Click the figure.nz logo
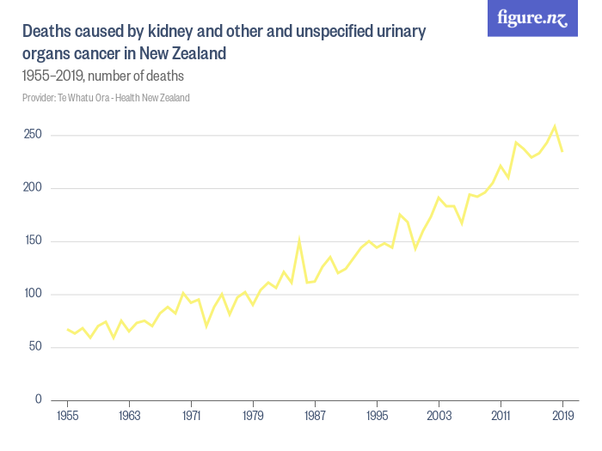[532, 18]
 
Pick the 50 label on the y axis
[34, 347]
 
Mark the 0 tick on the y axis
[36, 399]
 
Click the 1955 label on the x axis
[67, 416]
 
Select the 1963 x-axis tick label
[129, 416]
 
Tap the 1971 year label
[191, 416]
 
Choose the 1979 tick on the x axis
[253, 416]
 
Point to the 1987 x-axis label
[315, 416]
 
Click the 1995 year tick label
[377, 416]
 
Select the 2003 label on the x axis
[439, 416]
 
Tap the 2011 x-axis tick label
[501, 416]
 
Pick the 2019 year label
[562, 416]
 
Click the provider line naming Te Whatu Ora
[106, 98]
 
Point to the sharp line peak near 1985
[299, 240]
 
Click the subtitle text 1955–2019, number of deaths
[103, 76]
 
